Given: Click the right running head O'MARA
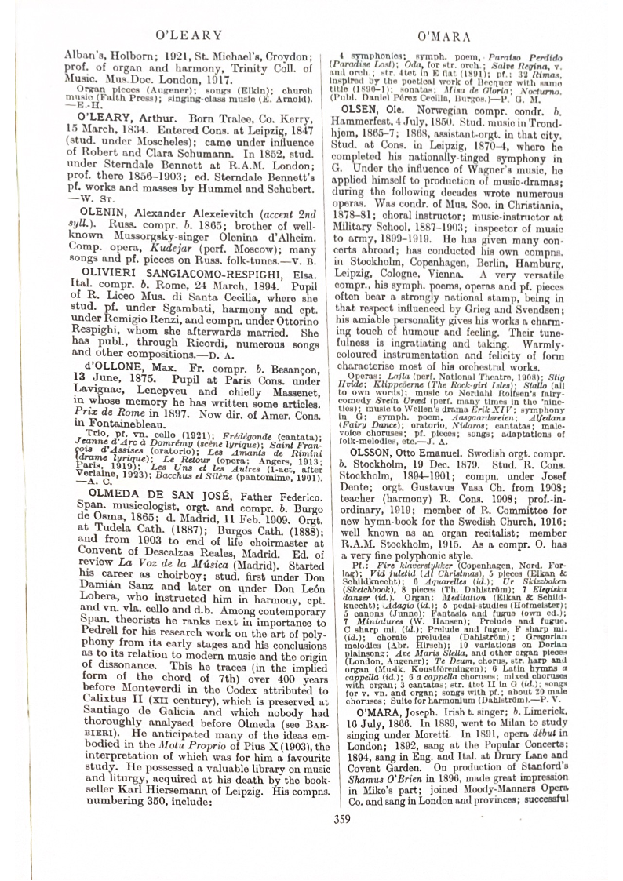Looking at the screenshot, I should click(x=444, y=35).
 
